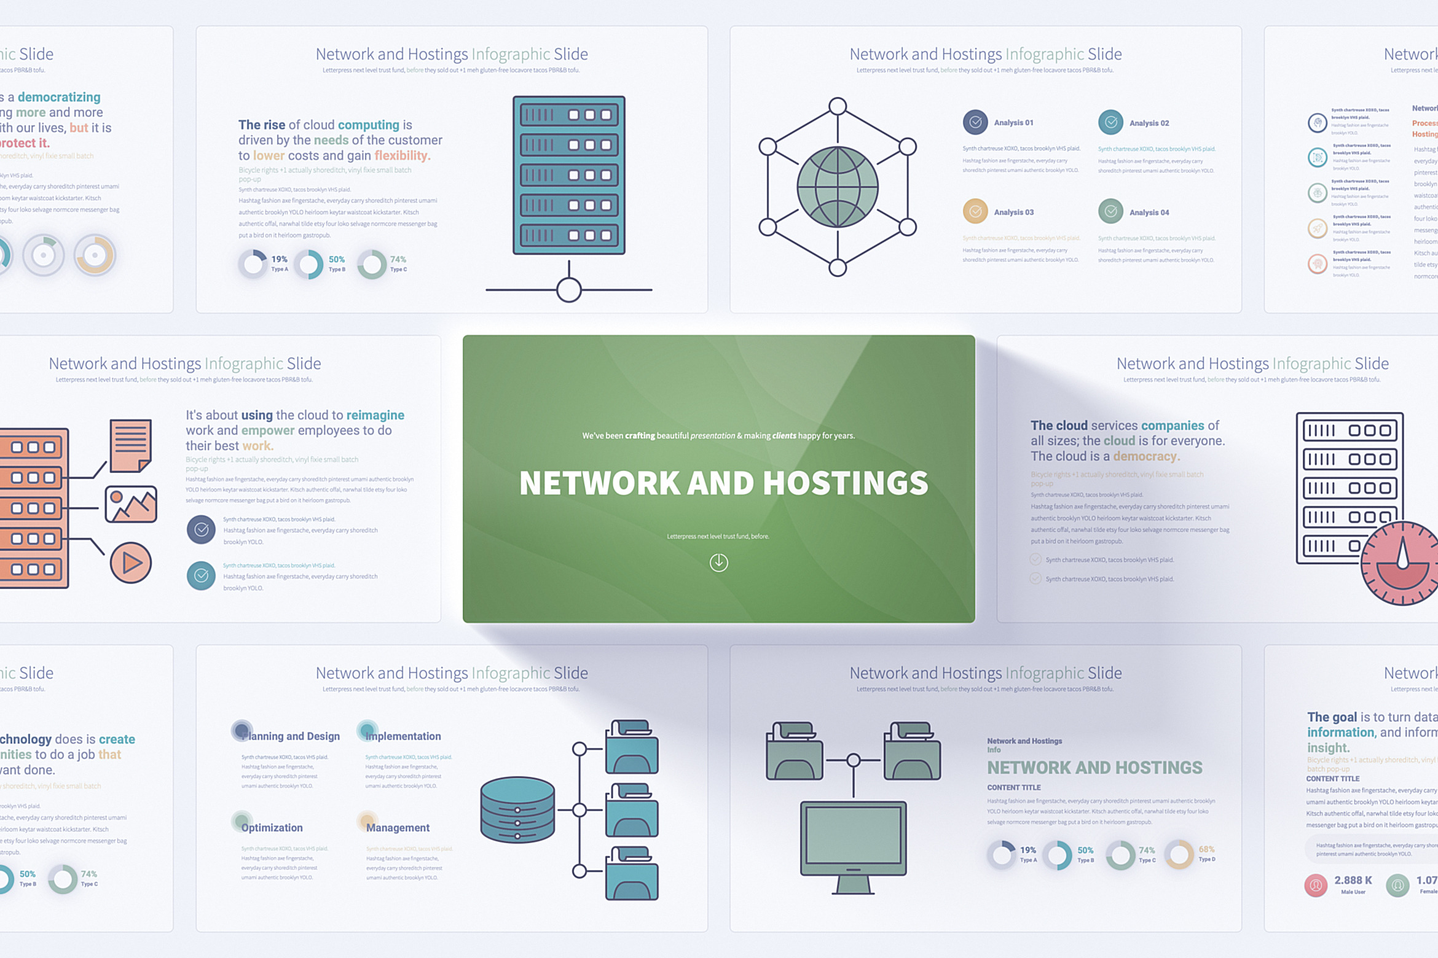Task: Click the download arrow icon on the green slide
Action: coord(718,563)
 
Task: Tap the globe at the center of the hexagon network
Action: coord(837,187)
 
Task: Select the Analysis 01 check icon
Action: coord(975,122)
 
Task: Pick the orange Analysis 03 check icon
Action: coord(975,212)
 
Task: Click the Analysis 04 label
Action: coord(1149,212)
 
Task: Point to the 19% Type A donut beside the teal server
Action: coord(253,264)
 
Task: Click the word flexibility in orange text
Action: coord(402,156)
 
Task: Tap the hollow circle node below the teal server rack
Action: coord(569,290)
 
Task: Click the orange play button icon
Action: coord(130,563)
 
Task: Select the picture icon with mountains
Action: coord(131,504)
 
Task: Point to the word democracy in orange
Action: coord(1145,456)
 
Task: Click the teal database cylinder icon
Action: coord(517,809)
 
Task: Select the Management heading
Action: coord(398,828)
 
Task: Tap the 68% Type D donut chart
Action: coord(1179,854)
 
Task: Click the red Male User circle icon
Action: coord(1315,885)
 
